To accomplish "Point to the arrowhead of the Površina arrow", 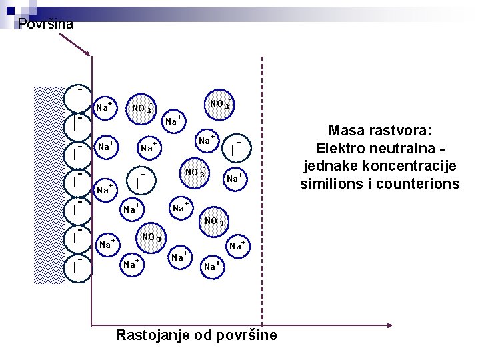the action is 87,53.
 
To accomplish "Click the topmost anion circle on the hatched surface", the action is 79,98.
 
